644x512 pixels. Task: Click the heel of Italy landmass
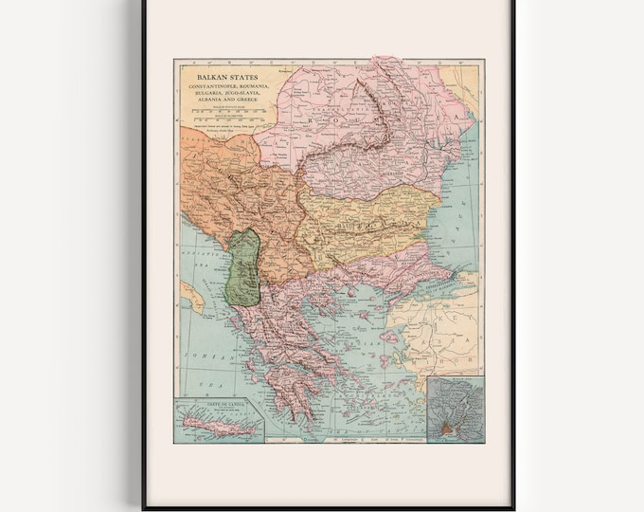click(x=189, y=297)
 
